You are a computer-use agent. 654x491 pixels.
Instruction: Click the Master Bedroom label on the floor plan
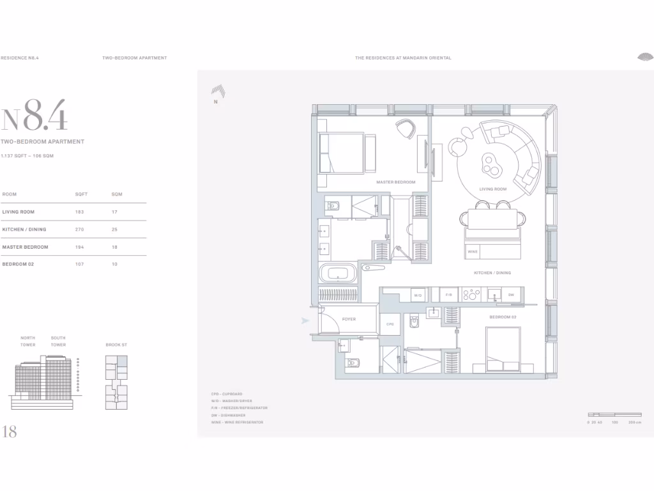(x=395, y=182)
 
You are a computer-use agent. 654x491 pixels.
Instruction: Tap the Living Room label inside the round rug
(x=492, y=189)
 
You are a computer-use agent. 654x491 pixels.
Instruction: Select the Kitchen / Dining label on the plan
(x=492, y=273)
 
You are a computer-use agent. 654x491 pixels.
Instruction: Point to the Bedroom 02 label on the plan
(x=503, y=317)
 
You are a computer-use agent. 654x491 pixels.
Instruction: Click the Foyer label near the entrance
(x=349, y=319)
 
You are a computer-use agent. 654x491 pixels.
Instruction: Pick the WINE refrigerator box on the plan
(x=473, y=252)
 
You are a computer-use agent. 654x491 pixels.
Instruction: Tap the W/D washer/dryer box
(x=418, y=295)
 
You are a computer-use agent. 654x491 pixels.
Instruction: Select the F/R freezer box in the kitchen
(x=448, y=295)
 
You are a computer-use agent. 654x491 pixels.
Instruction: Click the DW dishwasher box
(x=511, y=295)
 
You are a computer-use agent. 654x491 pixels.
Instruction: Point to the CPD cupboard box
(x=390, y=325)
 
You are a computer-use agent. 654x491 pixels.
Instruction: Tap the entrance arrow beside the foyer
(x=305, y=321)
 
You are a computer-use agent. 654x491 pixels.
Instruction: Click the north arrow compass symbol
(x=217, y=92)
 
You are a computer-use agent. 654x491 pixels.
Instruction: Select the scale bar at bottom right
(x=614, y=415)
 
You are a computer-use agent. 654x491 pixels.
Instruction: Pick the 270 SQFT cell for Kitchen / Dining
(x=80, y=230)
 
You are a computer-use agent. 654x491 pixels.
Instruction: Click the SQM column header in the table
(x=116, y=194)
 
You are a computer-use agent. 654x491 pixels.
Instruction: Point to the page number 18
(x=10, y=432)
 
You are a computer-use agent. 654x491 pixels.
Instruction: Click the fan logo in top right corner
(x=644, y=57)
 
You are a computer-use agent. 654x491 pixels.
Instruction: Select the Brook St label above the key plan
(x=116, y=345)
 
